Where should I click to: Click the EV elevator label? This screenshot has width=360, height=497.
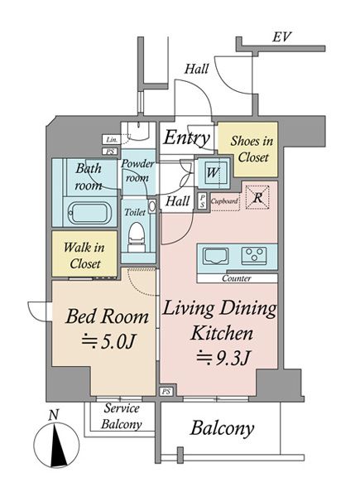pos(281,37)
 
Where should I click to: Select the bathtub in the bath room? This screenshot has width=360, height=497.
pos(89,213)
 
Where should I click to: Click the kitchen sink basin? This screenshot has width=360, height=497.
pos(216,255)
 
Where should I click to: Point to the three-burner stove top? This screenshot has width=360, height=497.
pos(254,255)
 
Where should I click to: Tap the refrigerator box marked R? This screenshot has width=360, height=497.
pos(257,198)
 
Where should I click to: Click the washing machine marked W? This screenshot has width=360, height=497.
pos(213,173)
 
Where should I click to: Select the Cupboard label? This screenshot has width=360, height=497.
pos(224,201)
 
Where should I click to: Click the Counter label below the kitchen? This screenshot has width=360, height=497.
pos(237,278)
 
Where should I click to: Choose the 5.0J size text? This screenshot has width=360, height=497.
pos(108,341)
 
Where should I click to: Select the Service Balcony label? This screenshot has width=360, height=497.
pos(122,416)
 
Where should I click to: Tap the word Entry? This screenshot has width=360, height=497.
pos(187,138)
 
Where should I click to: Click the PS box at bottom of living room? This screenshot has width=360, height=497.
pos(166,392)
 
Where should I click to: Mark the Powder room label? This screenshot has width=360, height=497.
pos(138,171)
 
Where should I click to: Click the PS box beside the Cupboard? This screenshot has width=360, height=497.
pos(202,201)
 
